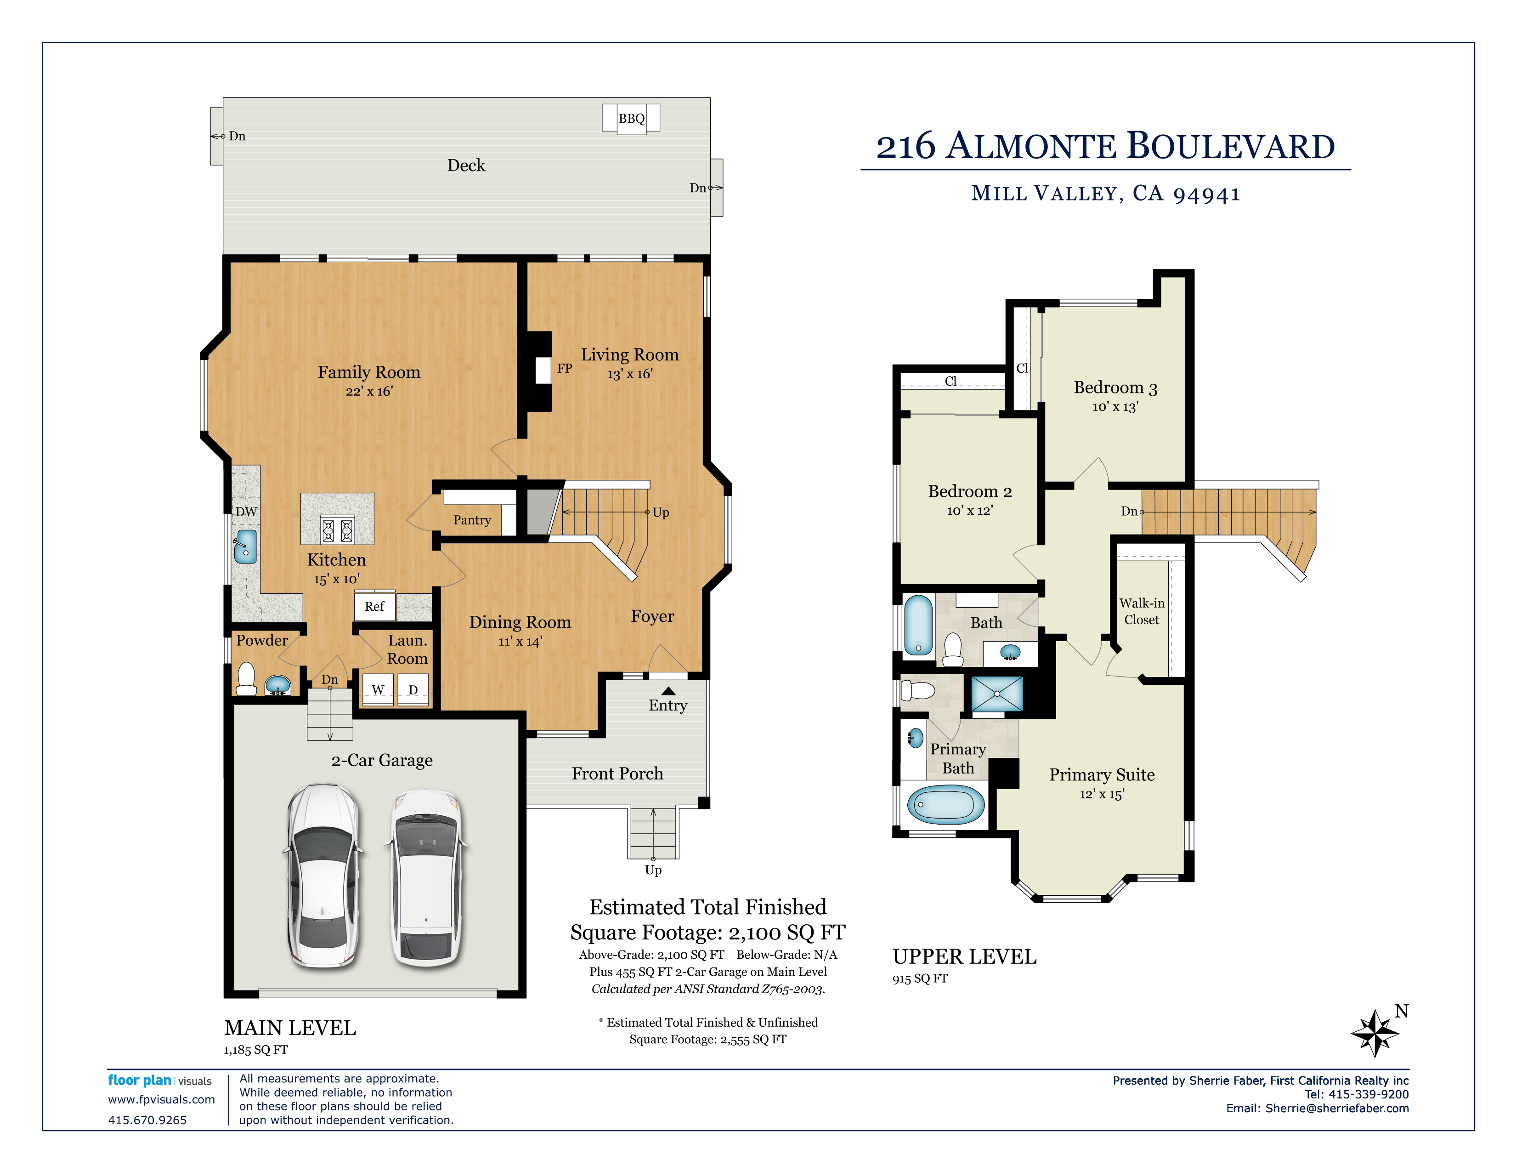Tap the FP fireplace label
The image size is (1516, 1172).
point(564,369)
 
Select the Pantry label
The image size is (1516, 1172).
point(472,520)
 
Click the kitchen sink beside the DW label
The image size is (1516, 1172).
point(245,546)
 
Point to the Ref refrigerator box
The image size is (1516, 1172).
point(374,606)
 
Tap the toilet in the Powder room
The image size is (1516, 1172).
point(246,679)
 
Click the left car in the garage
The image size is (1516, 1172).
point(323,876)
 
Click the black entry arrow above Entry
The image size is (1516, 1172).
point(668,691)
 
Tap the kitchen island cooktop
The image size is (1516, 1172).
point(337,530)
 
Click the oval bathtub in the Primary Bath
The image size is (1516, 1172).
point(945,805)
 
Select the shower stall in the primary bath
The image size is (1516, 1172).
point(997,694)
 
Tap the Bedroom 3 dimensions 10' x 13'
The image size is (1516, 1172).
point(1115,407)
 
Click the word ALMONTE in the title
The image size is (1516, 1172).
point(1032,147)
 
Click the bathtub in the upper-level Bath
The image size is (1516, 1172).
point(918,625)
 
